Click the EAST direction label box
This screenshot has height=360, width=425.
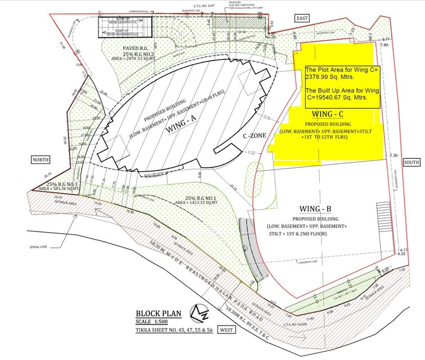point(303,19)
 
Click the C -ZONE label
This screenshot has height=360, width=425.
point(254,136)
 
